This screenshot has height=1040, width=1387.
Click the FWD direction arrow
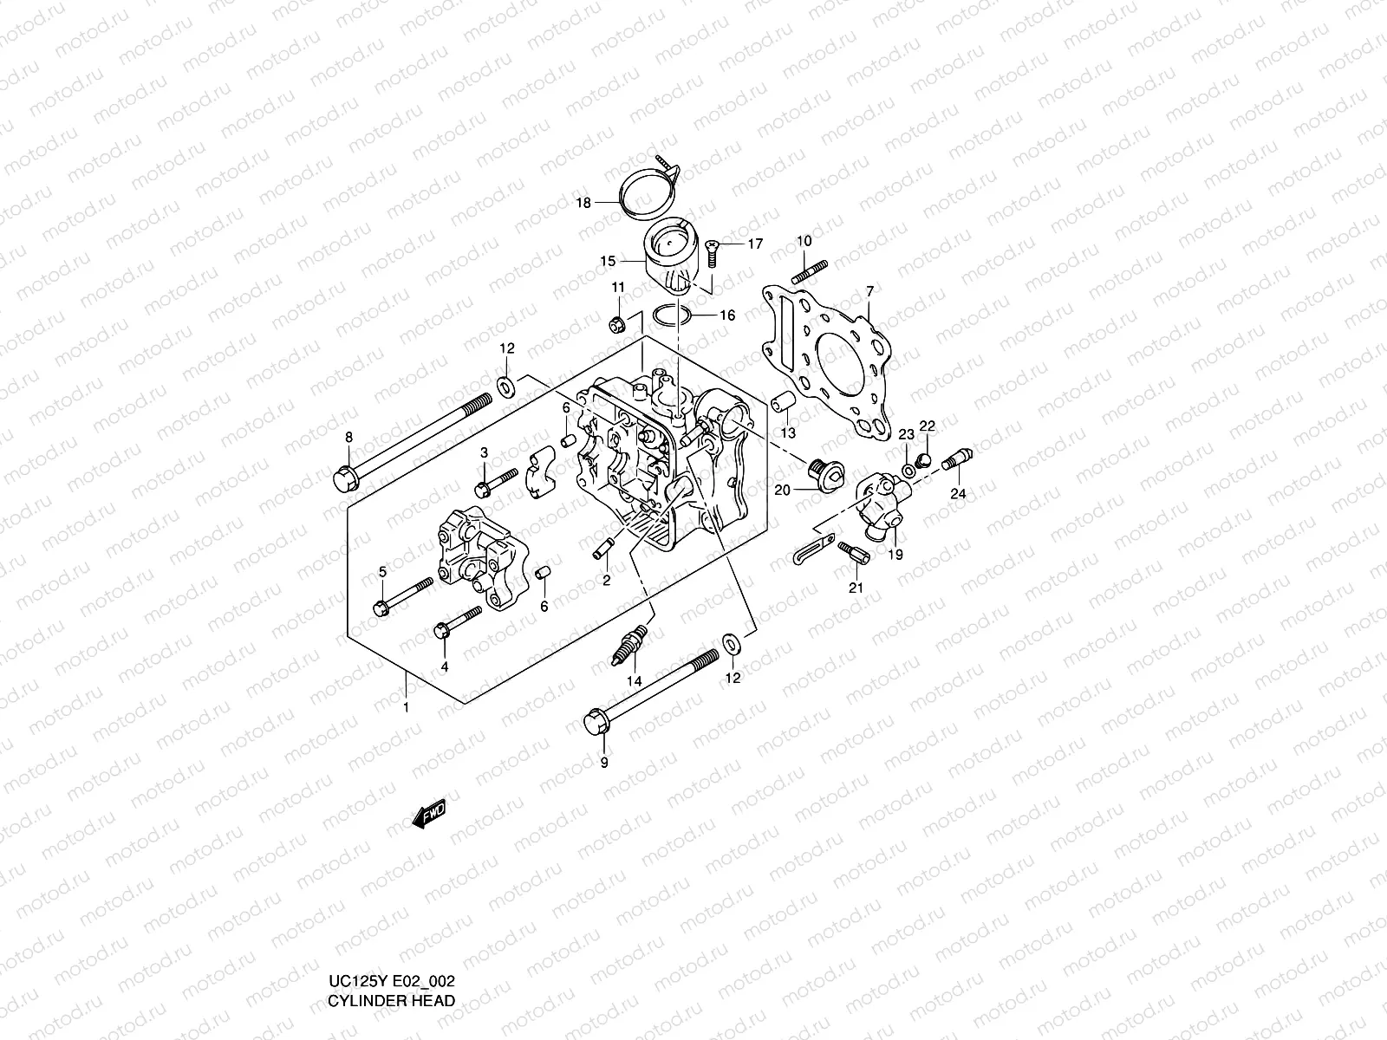pyautogui.click(x=430, y=815)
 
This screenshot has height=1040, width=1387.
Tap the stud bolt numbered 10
pyautogui.click(x=811, y=270)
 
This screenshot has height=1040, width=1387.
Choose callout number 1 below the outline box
pyautogui.click(x=405, y=707)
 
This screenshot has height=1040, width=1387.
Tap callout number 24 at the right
pyautogui.click(x=957, y=494)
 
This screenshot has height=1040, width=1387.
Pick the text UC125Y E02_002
pyautogui.click(x=392, y=1005)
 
